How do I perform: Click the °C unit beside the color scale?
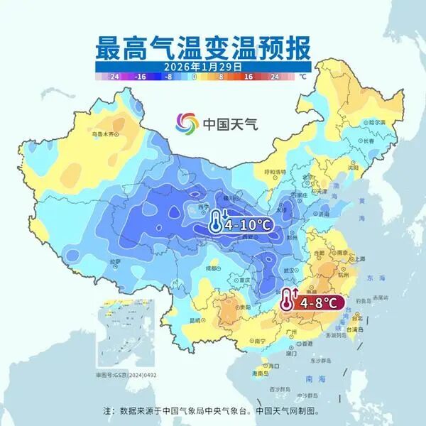[302, 75]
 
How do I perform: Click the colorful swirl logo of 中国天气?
[188, 123]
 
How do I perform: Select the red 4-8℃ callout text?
[322, 302]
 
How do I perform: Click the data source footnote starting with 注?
[213, 410]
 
